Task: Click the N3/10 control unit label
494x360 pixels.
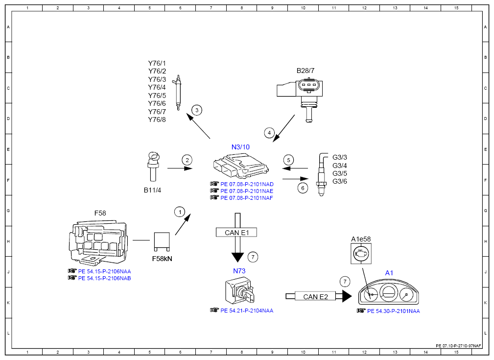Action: click(x=240, y=147)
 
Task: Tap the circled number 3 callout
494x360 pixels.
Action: click(x=197, y=110)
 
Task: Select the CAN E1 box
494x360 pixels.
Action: click(x=236, y=232)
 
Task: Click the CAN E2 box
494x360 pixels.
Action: click(x=315, y=297)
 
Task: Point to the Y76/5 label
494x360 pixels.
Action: click(x=157, y=96)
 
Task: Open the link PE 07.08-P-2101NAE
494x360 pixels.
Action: click(x=247, y=191)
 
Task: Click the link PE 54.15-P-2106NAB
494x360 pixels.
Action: click(x=104, y=278)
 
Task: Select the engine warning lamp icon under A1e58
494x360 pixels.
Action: click(x=361, y=253)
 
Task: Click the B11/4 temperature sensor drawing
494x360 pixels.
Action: click(x=153, y=167)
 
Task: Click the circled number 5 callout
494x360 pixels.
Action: click(x=288, y=160)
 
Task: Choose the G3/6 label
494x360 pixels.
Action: click(x=340, y=181)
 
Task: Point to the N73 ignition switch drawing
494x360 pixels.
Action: click(x=239, y=290)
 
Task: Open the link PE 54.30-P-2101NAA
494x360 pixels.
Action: click(x=394, y=311)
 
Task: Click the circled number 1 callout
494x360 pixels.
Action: click(x=180, y=212)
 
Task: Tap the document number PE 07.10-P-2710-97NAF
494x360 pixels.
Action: click(x=459, y=346)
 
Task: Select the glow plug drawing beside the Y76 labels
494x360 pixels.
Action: click(x=178, y=93)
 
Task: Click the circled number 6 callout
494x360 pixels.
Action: click(x=303, y=188)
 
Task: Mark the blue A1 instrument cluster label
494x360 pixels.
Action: click(x=389, y=273)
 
